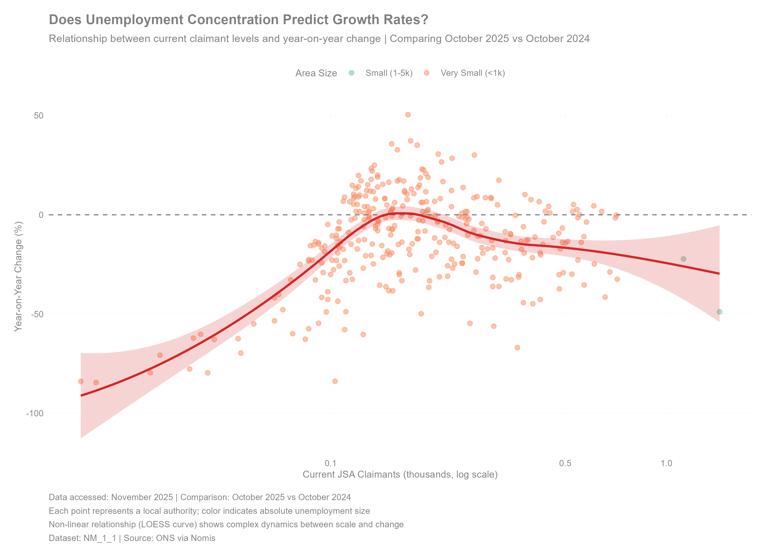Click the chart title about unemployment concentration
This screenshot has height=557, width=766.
(x=238, y=19)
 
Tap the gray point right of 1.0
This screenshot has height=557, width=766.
(x=684, y=259)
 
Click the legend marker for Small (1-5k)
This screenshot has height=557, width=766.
(x=351, y=73)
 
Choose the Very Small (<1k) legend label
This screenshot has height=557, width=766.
(x=473, y=73)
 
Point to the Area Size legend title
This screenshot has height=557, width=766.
(x=316, y=73)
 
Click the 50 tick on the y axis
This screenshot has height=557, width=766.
(x=39, y=116)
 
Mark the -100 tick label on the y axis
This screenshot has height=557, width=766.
(x=35, y=413)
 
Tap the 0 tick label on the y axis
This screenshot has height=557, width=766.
(x=41, y=215)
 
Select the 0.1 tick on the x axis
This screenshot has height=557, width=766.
(x=330, y=463)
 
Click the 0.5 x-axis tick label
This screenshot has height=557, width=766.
(x=565, y=463)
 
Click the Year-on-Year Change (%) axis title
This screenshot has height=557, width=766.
(x=18, y=276)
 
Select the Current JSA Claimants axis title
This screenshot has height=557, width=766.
(x=400, y=475)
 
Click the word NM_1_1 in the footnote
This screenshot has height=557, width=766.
(x=100, y=538)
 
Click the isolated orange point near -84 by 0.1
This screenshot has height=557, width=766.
(x=335, y=381)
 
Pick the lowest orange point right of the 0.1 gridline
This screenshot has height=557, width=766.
(x=335, y=381)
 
